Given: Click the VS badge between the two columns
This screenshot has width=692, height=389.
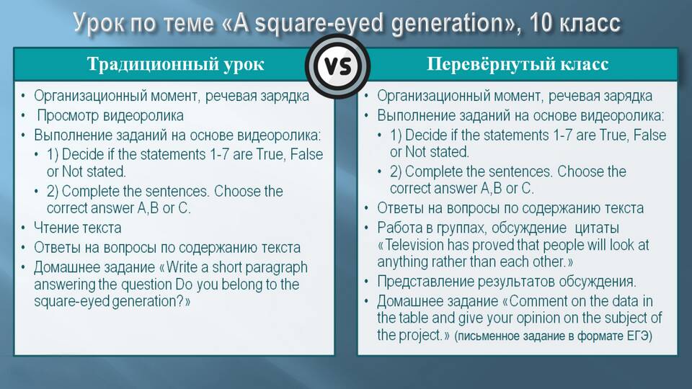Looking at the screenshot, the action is [x=338, y=66].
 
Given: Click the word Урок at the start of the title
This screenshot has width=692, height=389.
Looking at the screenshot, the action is [x=99, y=24].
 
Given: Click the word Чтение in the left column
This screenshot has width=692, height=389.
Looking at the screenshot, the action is [x=56, y=228].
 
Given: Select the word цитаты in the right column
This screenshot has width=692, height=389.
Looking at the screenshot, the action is [x=597, y=228].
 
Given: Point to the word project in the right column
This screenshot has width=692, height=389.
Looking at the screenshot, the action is [x=420, y=336].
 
